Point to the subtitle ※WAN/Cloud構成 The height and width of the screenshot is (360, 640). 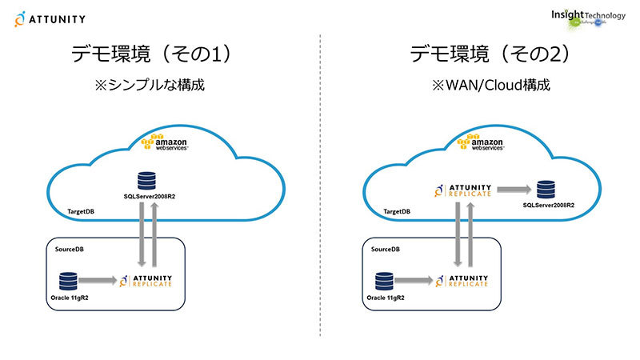click(490, 84)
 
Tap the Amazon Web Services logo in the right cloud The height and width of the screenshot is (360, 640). click(484, 142)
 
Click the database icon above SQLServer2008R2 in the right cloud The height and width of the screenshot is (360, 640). click(546, 190)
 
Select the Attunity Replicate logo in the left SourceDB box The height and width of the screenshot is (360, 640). click(151, 280)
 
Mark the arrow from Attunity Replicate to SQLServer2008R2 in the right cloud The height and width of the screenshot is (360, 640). click(514, 190)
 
